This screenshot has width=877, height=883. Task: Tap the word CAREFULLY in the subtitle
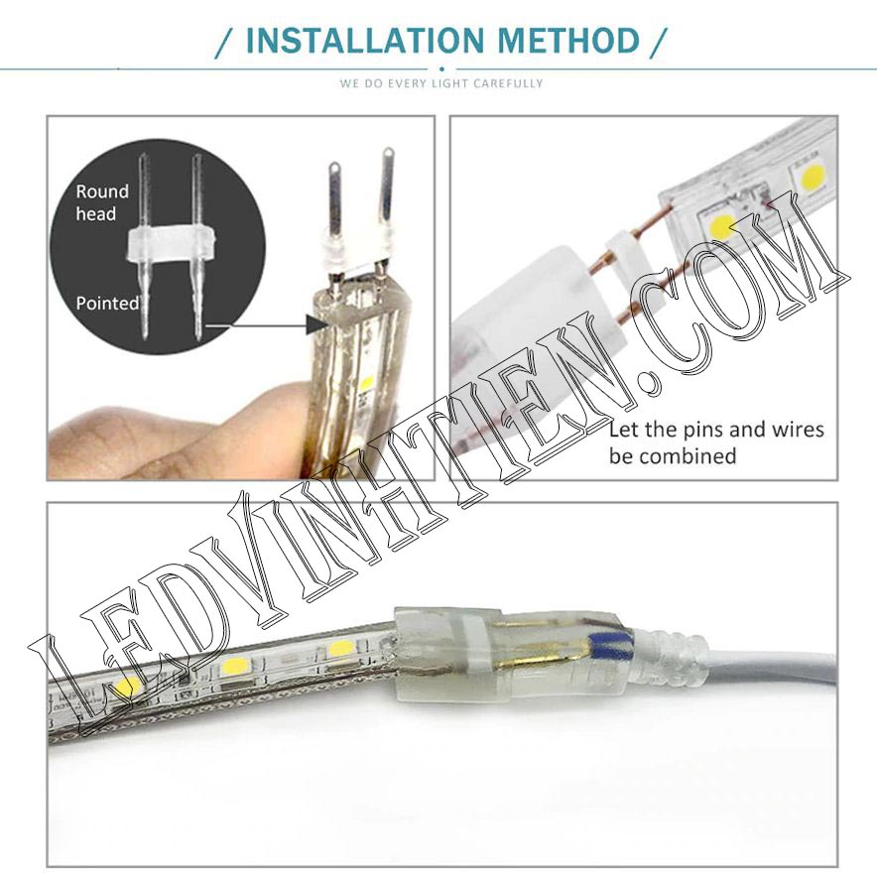coord(508,83)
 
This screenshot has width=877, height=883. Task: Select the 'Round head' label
coord(102,202)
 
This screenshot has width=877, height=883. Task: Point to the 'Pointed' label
coord(107,304)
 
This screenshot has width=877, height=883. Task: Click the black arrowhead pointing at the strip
coord(316,323)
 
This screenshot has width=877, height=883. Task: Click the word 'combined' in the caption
coord(697,456)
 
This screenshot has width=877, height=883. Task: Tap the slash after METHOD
coord(657,43)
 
